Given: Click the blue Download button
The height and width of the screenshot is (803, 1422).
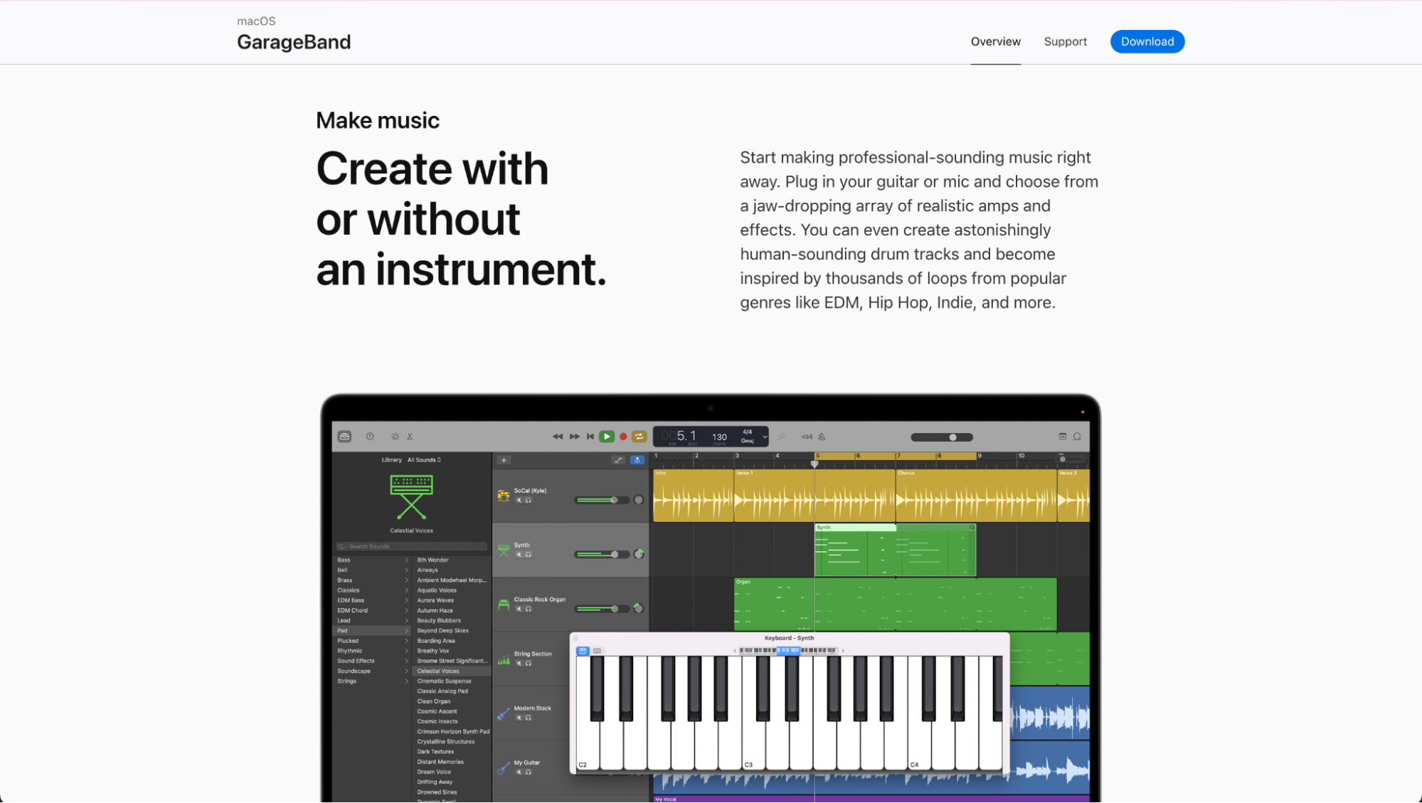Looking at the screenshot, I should coord(1147,41).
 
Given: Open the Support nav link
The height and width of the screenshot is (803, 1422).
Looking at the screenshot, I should coord(1065,41).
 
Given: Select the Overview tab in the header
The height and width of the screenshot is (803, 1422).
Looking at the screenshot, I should coord(995,41).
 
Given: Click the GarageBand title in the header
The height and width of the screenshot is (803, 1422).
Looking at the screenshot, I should coord(293,42).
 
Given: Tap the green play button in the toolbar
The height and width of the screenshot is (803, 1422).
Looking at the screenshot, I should coord(606,437).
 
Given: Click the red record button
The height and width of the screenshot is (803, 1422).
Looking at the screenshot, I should coord(623,437).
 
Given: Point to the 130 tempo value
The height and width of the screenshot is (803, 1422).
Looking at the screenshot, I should coord(719,437).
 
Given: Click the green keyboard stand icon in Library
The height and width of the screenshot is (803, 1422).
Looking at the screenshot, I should coord(411,496).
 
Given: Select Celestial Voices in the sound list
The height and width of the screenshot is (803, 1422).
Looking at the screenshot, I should coord(438,671).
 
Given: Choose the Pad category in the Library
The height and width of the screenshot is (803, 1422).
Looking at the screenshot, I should coord(343,631).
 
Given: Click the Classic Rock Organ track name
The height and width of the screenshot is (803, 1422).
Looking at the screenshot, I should coord(539,600).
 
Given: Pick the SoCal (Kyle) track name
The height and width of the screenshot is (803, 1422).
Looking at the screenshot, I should coord(530,491).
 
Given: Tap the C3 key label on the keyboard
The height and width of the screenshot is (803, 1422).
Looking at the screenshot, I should coord(748,765).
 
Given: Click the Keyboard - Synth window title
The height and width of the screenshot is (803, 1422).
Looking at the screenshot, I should coord(789,638).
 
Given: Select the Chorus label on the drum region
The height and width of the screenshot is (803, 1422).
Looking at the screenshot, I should coord(906,473).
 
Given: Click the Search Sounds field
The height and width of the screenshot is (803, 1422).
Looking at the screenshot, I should coord(411,546).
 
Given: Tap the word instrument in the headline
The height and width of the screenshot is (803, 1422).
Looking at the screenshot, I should coord(490,270).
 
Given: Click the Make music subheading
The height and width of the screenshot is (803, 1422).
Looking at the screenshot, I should coord(378,120).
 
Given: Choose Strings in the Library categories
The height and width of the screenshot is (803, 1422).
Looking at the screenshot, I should coord(347,681).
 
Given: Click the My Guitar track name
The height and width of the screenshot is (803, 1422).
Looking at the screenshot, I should coord(526,762).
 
